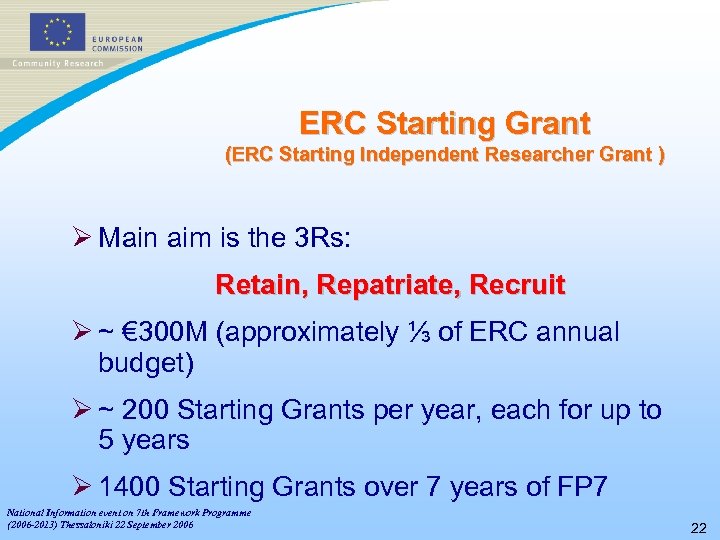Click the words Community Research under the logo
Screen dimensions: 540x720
pos(57,63)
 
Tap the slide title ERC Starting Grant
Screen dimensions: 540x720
pos(445,123)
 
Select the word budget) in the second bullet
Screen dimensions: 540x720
pos(145,362)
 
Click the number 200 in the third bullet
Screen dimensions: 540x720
pos(149,411)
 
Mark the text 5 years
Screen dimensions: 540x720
pos(144,440)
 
